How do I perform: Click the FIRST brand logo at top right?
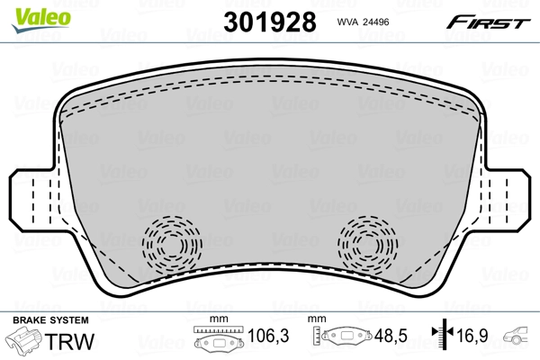tap(491, 22)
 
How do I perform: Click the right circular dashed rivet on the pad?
tap(366, 242)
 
